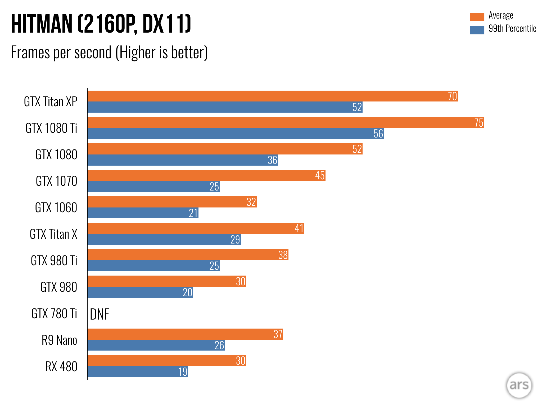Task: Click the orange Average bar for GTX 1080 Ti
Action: click(286, 123)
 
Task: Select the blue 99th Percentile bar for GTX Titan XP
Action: click(225, 107)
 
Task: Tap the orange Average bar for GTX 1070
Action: click(206, 175)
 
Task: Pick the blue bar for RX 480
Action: click(138, 371)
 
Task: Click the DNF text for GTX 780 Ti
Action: click(100, 314)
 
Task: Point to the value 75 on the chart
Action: click(479, 123)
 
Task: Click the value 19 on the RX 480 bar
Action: click(183, 372)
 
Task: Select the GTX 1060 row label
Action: click(56, 207)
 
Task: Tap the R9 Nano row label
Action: click(59, 340)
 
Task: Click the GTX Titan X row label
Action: click(53, 234)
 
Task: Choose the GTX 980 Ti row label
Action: click(54, 260)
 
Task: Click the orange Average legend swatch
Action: click(477, 17)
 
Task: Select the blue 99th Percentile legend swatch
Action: click(477, 30)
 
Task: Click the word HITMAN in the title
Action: click(42, 24)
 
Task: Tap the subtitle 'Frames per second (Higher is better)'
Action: click(109, 52)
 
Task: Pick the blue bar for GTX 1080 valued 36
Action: click(183, 160)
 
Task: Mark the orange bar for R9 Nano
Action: click(185, 334)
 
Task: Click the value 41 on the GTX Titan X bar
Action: click(299, 228)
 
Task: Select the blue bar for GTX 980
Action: click(140, 292)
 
